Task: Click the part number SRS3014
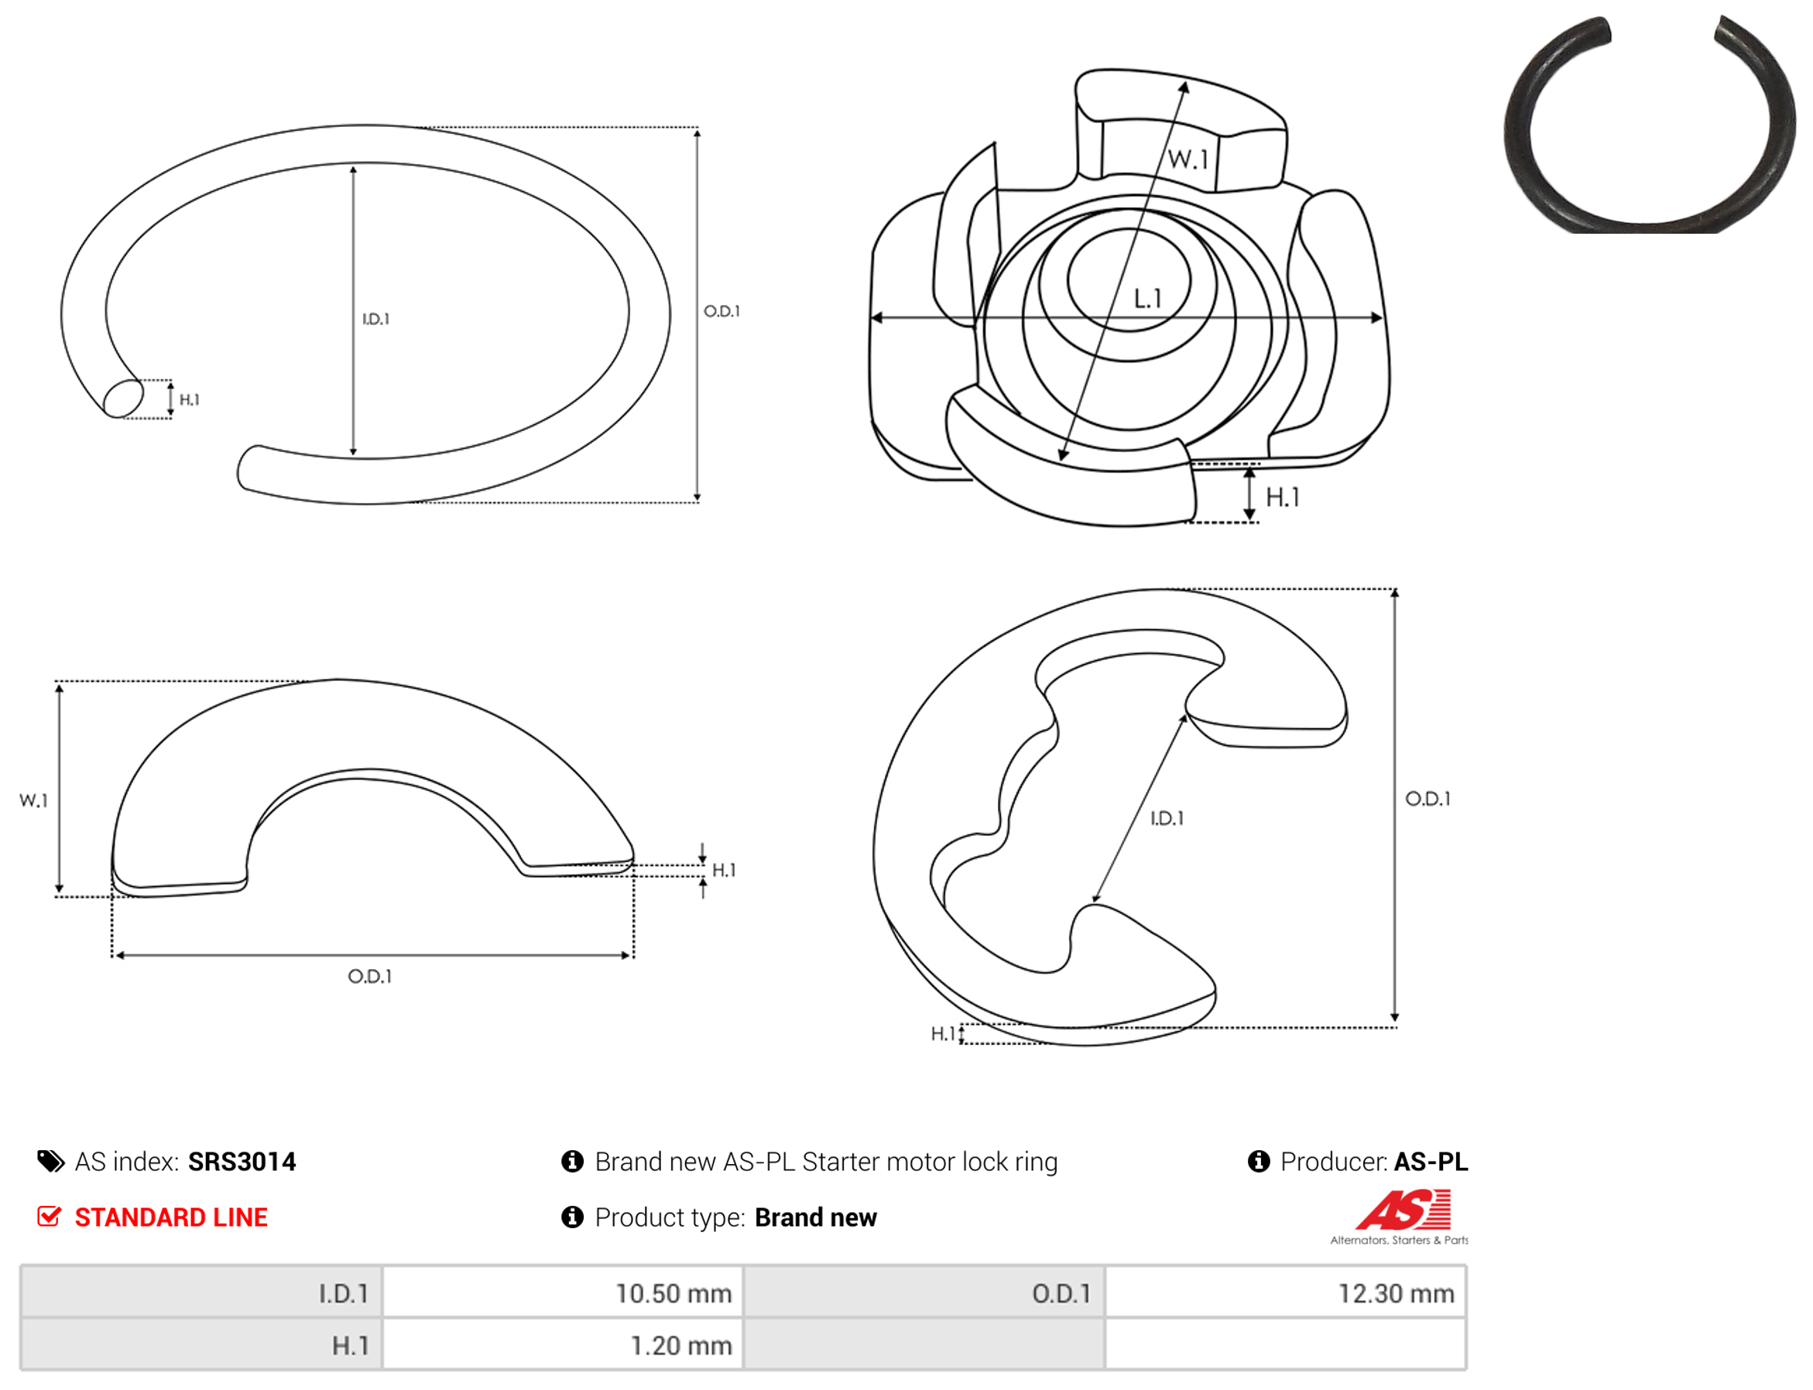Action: pyautogui.click(x=241, y=1161)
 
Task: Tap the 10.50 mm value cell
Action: pyautogui.click(x=562, y=1292)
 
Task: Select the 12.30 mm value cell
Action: pyautogui.click(x=1284, y=1292)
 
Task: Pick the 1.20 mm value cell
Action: pyautogui.click(x=562, y=1344)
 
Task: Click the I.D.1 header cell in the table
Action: pyautogui.click(x=201, y=1292)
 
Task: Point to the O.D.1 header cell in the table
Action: pyautogui.click(x=924, y=1292)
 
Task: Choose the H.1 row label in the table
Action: pyautogui.click(x=201, y=1344)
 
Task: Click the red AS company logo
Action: pyautogui.click(x=1402, y=1210)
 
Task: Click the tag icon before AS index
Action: pyautogui.click(x=50, y=1161)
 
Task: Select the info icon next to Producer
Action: pyautogui.click(x=1258, y=1161)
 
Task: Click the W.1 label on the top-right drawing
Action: pyautogui.click(x=1188, y=159)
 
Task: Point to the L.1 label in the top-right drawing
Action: pyautogui.click(x=1147, y=298)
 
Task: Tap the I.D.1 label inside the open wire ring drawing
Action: pyautogui.click(x=375, y=319)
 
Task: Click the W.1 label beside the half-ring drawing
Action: pyautogui.click(x=34, y=800)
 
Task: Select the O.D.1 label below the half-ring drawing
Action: pyautogui.click(x=369, y=976)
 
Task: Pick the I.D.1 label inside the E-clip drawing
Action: pyautogui.click(x=1166, y=817)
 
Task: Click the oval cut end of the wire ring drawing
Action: pyautogui.click(x=123, y=398)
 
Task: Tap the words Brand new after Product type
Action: pyautogui.click(x=815, y=1217)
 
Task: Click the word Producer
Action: pyautogui.click(x=1332, y=1161)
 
